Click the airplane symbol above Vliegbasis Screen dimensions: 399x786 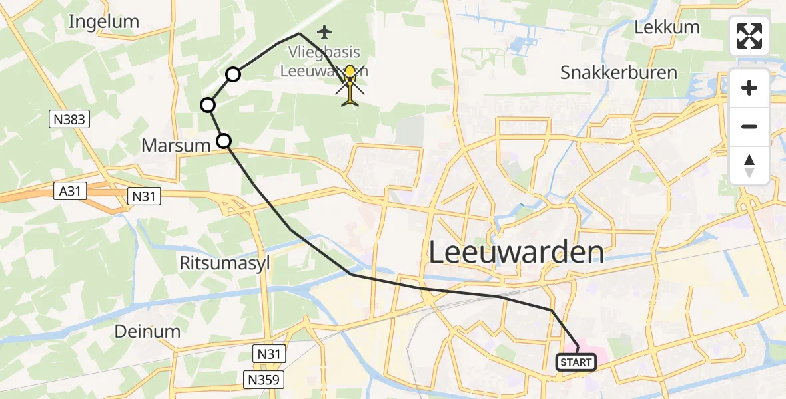point(324,31)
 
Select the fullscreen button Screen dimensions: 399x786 point(749,36)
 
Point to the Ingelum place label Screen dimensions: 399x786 point(104,21)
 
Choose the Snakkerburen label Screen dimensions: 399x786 point(619,72)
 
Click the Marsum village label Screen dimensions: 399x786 point(176,145)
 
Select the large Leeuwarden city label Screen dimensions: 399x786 point(516,253)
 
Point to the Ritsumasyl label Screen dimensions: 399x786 point(224,263)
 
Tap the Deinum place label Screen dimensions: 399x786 point(147,331)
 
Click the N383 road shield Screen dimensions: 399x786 point(69,120)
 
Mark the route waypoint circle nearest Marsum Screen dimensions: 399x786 point(224,140)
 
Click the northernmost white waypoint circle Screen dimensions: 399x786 point(232,74)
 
